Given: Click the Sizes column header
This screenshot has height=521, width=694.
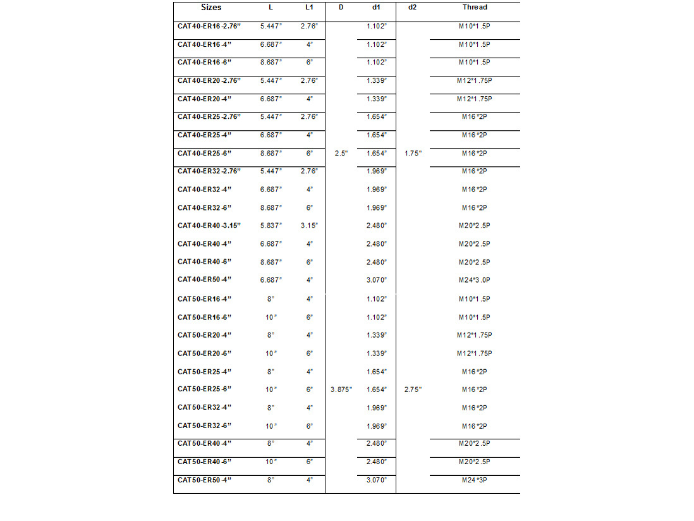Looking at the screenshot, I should point(211,8).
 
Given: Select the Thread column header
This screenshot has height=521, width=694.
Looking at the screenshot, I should point(475,8).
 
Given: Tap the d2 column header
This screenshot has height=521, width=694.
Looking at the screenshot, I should point(413,8).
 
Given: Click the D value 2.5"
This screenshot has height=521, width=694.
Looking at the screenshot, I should point(341,153).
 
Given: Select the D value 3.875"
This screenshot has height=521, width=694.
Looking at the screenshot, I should point(341,389).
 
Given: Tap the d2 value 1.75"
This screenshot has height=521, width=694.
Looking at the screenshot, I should point(413,153).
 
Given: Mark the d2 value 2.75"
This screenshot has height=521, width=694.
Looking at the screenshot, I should point(413,389).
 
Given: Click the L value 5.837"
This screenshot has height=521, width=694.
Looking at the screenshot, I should point(271,226).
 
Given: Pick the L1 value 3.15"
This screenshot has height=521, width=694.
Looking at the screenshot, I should point(308,226).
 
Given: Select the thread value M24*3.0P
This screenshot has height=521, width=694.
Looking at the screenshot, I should point(475,280).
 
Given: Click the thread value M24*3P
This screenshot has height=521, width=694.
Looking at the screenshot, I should point(475,481).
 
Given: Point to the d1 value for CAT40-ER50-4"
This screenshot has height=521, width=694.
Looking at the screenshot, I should point(376,280).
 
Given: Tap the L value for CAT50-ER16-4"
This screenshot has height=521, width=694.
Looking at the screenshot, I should point(271,299).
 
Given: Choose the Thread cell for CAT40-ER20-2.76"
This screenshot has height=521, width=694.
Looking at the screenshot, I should point(475,81).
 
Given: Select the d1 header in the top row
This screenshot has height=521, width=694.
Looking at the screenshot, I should point(376,8).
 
